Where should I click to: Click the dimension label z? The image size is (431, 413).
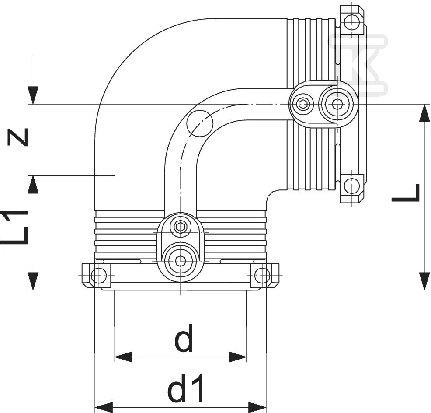point(18,137)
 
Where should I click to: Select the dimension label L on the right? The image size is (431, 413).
point(406,192)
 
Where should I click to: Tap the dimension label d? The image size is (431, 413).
point(184,338)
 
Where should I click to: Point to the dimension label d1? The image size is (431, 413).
point(186,388)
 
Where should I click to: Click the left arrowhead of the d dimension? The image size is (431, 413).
point(123,357)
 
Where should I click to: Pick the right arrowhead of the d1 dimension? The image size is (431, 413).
point(257,407)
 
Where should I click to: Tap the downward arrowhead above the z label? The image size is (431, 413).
point(33,95)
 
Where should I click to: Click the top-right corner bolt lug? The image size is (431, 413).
point(352,20)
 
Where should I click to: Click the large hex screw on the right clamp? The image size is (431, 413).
point(336,104)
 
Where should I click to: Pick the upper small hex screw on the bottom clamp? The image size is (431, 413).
point(181,227)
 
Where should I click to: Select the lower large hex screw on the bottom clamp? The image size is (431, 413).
point(181,260)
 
